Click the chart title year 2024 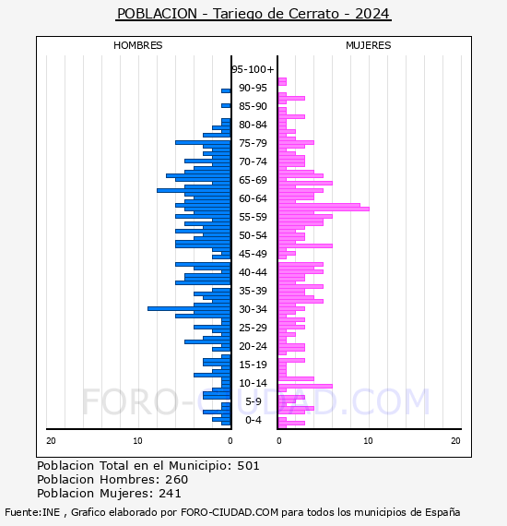(x=372, y=14)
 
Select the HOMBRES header (x=137, y=45)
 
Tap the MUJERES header (x=369, y=45)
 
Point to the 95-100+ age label (x=253, y=69)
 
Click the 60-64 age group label (x=253, y=198)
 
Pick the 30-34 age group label (x=253, y=309)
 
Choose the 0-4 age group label (x=253, y=420)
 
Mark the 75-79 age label (x=253, y=143)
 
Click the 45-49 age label (x=253, y=254)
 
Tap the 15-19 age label (x=253, y=365)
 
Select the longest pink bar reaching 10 (x=324, y=209)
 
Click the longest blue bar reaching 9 (x=189, y=308)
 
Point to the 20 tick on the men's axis (x=51, y=441)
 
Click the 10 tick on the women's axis (x=368, y=441)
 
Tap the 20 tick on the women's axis (x=455, y=441)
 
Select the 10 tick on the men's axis (x=137, y=441)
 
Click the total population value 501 (x=248, y=466)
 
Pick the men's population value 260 (x=176, y=480)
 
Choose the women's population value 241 (x=170, y=494)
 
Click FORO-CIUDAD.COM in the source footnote (x=230, y=512)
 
